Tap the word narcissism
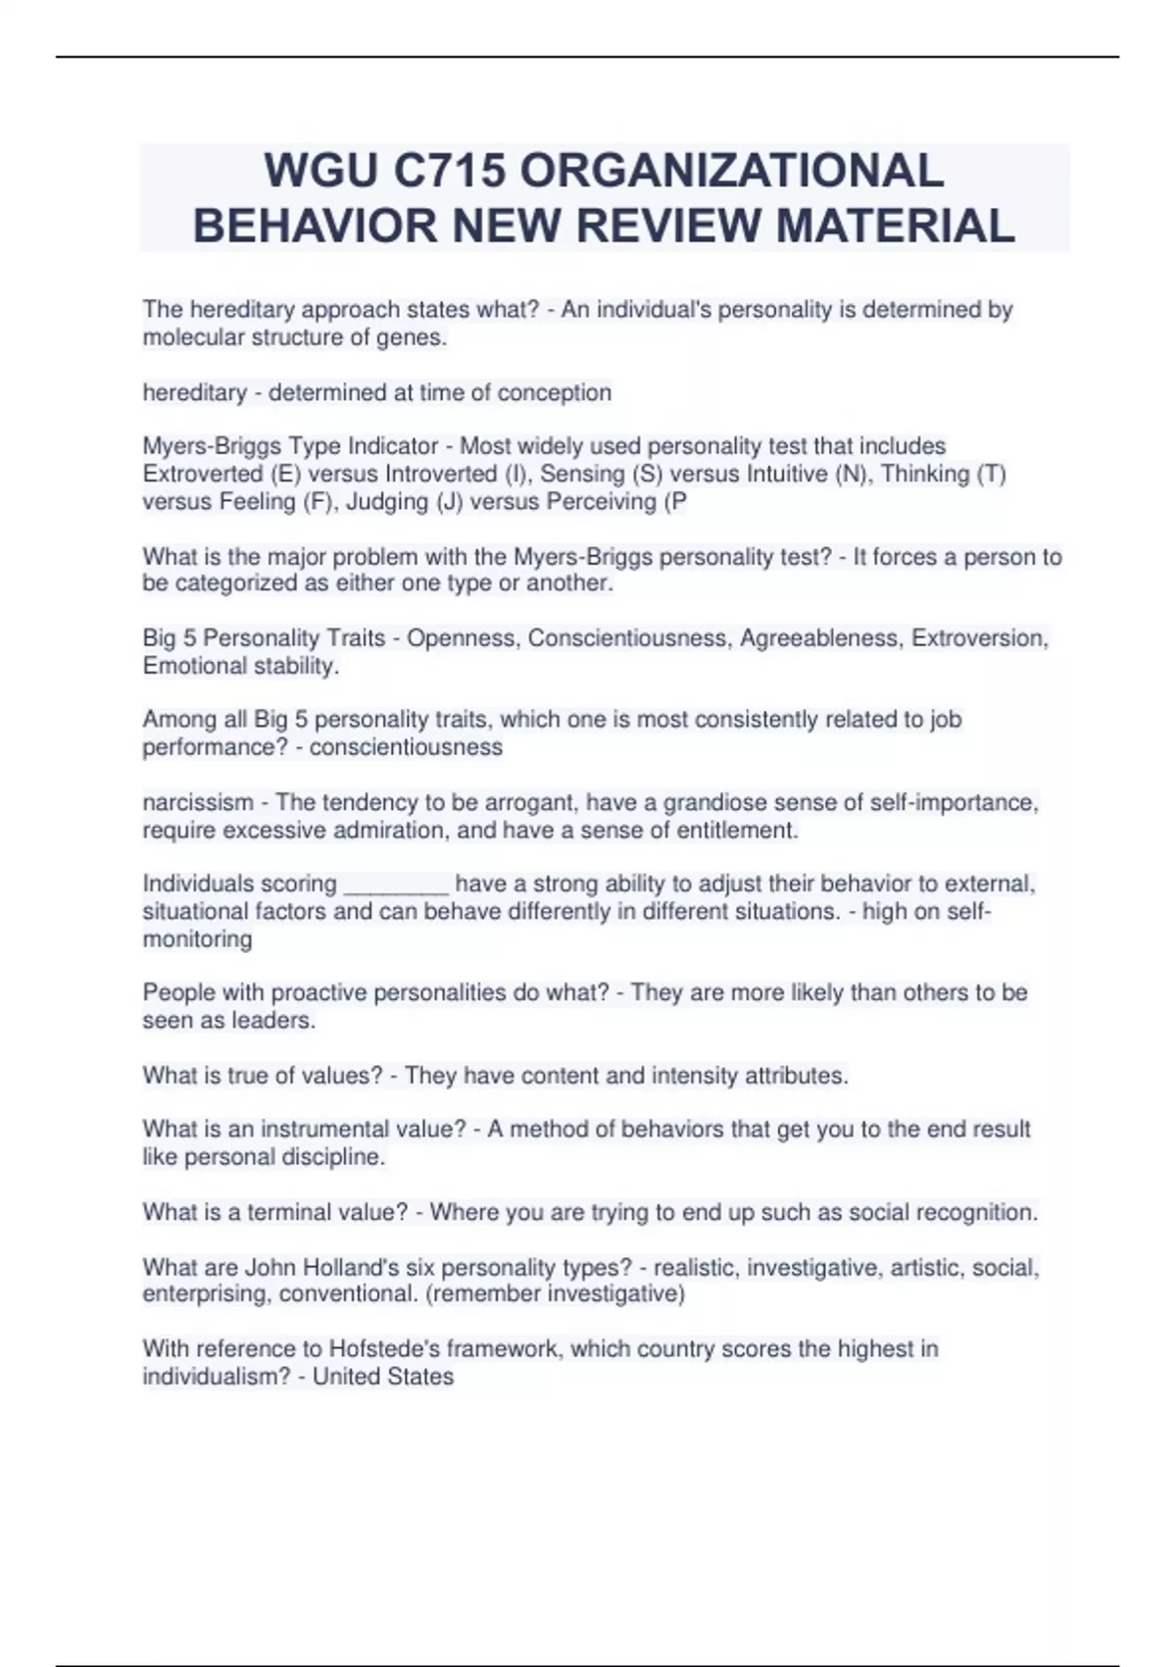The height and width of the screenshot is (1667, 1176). (198, 802)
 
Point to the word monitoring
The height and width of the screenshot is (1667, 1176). (197, 939)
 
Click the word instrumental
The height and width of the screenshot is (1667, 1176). (324, 1130)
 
